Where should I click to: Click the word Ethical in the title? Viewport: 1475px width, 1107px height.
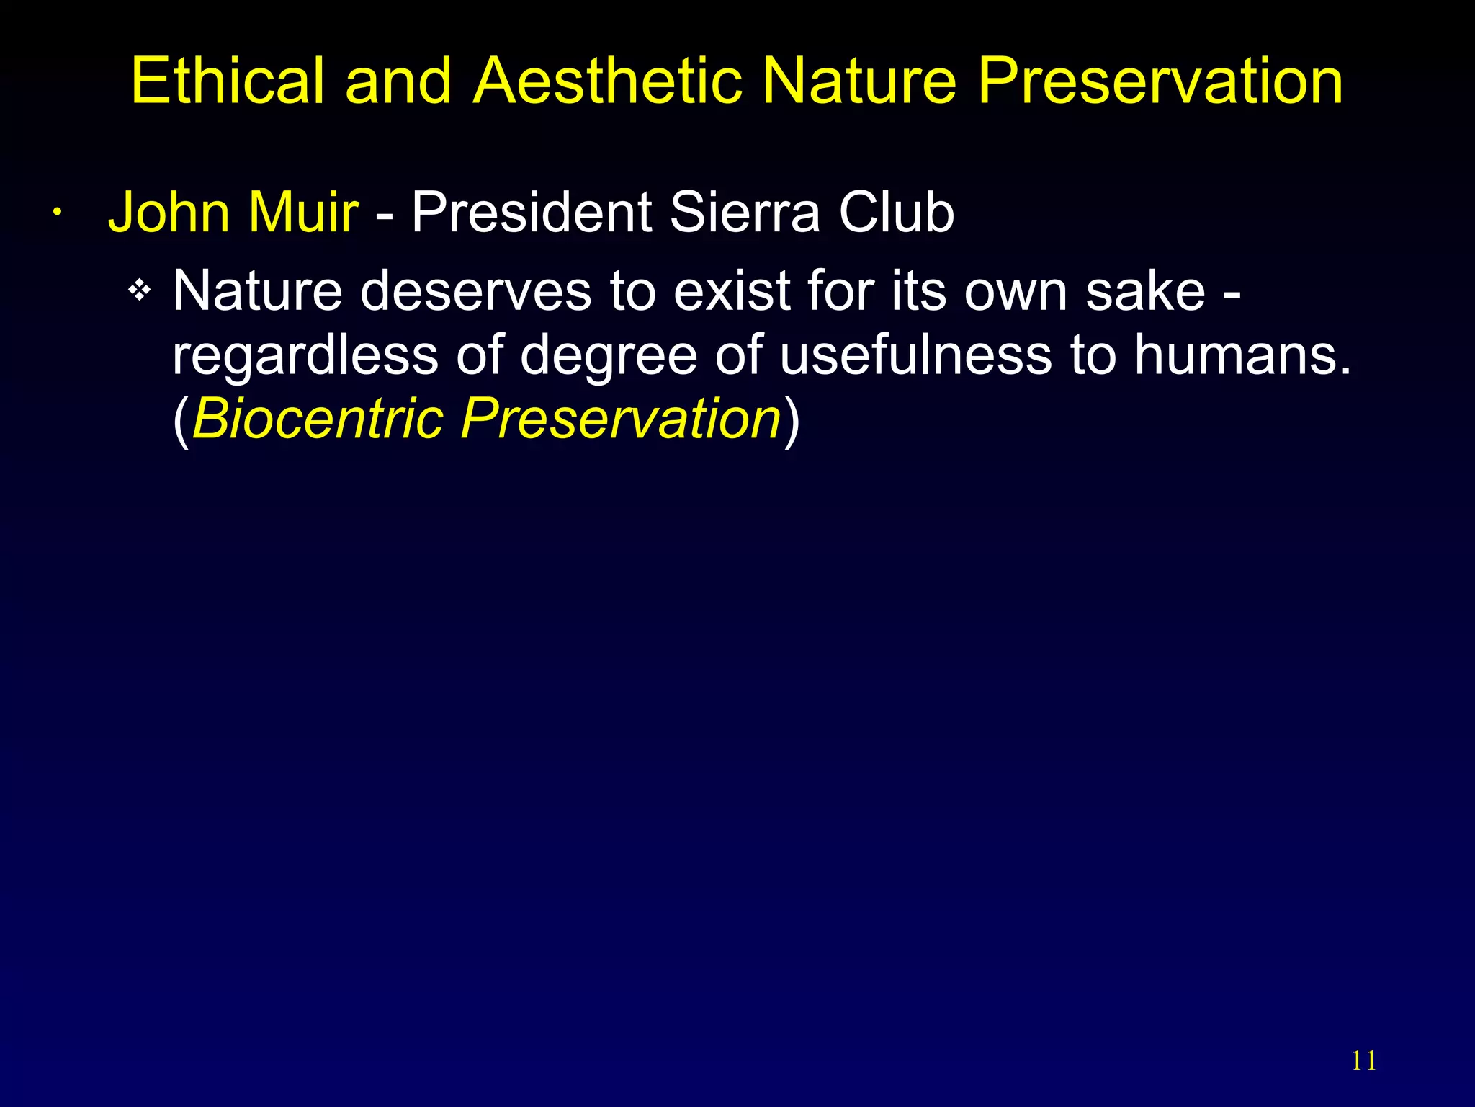tap(228, 81)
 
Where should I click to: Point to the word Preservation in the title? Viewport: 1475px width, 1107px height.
tap(1160, 81)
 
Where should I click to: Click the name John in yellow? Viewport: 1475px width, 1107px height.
tap(169, 213)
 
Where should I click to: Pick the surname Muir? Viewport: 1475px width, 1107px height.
tap(303, 213)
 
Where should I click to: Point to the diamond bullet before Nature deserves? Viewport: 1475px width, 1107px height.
tap(140, 291)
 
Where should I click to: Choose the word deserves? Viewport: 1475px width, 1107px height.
tap(475, 291)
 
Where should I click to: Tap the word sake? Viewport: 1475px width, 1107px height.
tap(1145, 291)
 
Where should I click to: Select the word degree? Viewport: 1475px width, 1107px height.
tap(609, 356)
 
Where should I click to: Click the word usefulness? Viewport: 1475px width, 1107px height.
tap(915, 355)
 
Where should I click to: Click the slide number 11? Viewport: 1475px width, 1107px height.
tap(1364, 1061)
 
